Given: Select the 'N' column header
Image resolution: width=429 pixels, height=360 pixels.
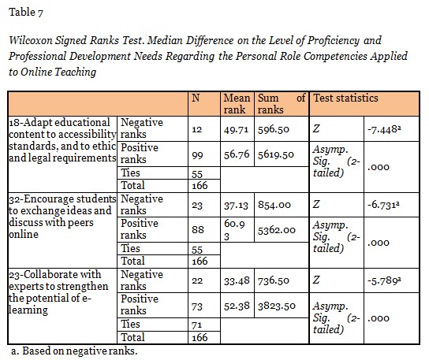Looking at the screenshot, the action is (197, 98).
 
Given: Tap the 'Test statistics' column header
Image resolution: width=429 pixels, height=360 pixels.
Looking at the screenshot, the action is (345, 98).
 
